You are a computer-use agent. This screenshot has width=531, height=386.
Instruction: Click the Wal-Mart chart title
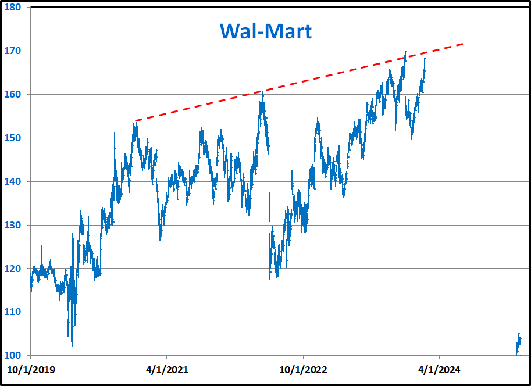pos(265,31)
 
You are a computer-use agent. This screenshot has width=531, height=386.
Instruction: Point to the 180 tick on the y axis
pos(13,8)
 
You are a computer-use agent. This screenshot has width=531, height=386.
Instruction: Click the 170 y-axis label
pos(13,51)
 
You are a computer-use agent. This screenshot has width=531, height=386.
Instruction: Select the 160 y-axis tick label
pos(13,95)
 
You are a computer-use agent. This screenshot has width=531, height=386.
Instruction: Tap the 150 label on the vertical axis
pos(13,138)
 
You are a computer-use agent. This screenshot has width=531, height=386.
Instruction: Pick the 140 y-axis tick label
pos(13,182)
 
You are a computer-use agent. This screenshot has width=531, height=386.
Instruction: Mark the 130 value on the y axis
pos(13,226)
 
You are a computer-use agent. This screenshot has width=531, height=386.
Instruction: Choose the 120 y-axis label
pos(13,269)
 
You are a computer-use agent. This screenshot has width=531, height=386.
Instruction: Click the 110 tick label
pos(13,312)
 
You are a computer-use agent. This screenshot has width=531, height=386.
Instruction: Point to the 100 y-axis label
pos(13,355)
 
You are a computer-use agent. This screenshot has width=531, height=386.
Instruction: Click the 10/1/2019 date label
pos(30,369)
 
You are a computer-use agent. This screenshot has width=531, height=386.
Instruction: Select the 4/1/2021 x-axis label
pos(166,369)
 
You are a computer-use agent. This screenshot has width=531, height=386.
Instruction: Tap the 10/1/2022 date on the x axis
pos(303,369)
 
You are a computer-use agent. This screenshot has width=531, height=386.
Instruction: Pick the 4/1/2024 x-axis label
pos(440,369)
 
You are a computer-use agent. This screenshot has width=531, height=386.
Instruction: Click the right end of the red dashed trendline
pos(464,44)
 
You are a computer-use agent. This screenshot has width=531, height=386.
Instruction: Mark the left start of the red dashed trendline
pos(135,121)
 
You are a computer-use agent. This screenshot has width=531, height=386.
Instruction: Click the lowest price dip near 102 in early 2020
pos(72,345)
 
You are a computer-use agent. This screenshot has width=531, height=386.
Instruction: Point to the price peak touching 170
pos(405,52)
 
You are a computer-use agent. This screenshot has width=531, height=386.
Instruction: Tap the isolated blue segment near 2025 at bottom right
pos(518,344)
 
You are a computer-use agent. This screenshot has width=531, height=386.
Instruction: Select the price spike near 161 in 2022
pos(263,92)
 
